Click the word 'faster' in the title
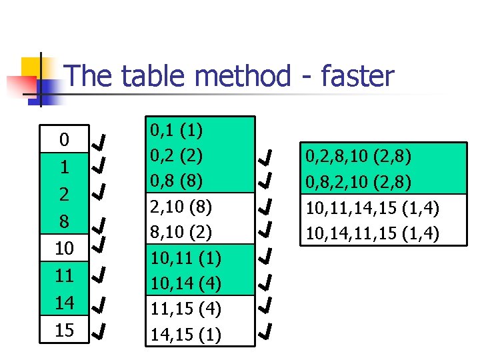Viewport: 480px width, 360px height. point(357,77)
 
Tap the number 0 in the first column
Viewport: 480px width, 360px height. point(63,140)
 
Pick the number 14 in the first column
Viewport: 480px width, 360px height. point(64,303)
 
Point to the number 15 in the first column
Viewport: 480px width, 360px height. point(64,330)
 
